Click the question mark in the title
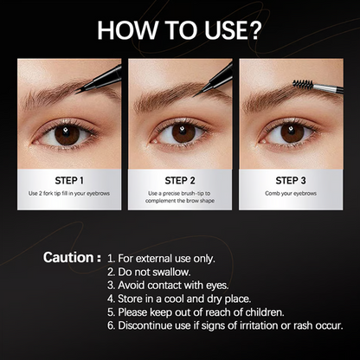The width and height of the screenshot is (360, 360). tap(254, 29)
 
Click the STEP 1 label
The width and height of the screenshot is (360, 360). tap(69, 181)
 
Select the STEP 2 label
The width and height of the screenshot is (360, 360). tap(180, 181)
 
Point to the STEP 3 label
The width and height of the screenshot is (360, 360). tap(291, 181)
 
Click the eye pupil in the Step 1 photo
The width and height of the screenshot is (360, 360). tap(67, 135)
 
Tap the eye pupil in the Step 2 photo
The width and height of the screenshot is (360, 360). tap(183, 133)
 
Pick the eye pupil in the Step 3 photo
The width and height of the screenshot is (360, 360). tap(292, 133)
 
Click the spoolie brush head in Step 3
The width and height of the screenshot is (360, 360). tap(303, 84)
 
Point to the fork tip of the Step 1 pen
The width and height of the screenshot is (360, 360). tap(77, 91)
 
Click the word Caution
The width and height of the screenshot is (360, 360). tap(68, 257)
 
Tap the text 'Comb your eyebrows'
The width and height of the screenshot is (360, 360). tap(291, 193)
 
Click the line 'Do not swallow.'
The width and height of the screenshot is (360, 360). tap(149, 272)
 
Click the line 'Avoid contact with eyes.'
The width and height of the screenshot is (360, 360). tap(168, 286)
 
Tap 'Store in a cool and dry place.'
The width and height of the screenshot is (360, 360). tap(179, 299)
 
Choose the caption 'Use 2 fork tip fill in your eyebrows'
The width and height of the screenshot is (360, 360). tap(69, 193)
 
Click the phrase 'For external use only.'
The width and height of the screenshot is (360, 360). tap(161, 259)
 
